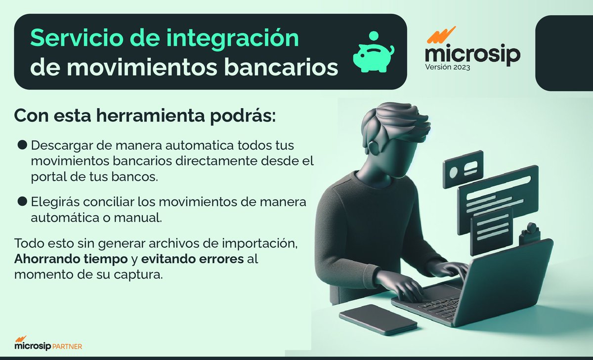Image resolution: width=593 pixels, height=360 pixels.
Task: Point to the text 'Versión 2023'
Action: coord(448,67)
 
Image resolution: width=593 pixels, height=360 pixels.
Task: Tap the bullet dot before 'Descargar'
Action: coord(22,145)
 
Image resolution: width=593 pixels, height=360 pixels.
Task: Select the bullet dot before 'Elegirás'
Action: coord(22,201)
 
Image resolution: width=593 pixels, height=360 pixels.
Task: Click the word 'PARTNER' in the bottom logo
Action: coord(67,347)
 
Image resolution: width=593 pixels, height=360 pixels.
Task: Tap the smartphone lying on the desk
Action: coord(378,319)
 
